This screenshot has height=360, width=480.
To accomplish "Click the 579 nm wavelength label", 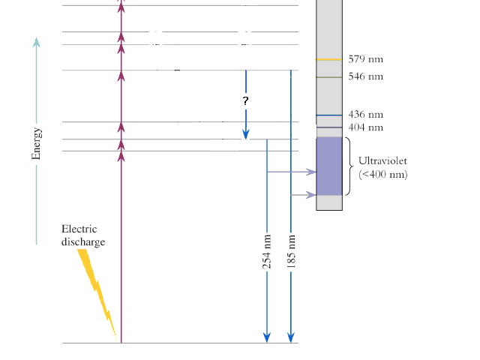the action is tap(365, 58).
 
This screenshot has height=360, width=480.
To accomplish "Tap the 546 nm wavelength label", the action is tap(365, 76).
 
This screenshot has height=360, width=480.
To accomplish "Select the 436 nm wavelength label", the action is tap(365, 114).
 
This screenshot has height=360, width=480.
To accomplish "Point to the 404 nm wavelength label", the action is tap(365, 127).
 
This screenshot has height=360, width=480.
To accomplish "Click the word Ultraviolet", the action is tap(382, 160).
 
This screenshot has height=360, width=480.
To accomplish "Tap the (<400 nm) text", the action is tap(383, 174).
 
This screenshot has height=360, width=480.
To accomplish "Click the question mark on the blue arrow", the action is tap(245, 100).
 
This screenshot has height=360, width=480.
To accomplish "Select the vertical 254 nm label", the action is tap(267, 252).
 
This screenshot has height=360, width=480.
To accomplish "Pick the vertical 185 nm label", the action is tap(291, 252).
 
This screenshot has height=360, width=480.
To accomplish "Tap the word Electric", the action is tap(79, 229).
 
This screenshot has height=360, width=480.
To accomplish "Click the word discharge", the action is tap(83, 241).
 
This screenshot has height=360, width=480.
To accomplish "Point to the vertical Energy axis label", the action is tap(36, 143).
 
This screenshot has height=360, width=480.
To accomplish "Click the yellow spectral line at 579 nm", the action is tap(328, 59).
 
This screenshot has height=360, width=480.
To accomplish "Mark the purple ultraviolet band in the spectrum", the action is tap(329, 166).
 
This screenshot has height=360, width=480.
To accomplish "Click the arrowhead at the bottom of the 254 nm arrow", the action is tap(267, 337).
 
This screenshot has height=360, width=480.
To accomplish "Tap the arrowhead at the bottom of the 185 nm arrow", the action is tap(291, 337).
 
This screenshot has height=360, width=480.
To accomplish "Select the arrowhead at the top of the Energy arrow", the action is tap(37, 42).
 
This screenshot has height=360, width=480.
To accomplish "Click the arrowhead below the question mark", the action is tap(245, 134).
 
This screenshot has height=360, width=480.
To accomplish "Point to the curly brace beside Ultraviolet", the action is tap(349, 166).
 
